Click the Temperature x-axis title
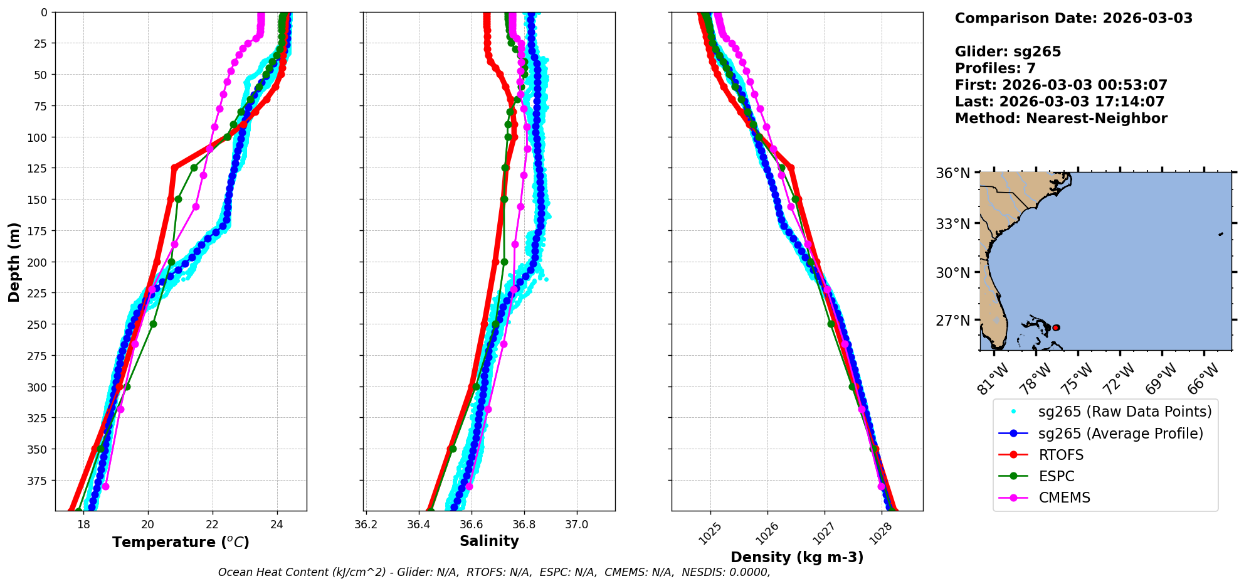click(x=181, y=542)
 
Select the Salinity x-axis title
click(x=489, y=541)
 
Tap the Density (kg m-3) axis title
click(x=797, y=557)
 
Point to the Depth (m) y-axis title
click(x=14, y=262)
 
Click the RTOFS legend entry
click(x=1061, y=455)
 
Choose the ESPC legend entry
click(x=1057, y=476)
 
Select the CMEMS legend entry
click(x=1064, y=498)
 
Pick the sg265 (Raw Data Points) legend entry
click(x=1124, y=412)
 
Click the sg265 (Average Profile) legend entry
click(x=1120, y=434)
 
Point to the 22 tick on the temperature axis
click(x=213, y=525)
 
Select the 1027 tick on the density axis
click(x=822, y=533)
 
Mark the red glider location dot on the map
click(x=1056, y=328)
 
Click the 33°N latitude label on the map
click(x=952, y=224)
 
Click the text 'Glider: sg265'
click(x=1008, y=51)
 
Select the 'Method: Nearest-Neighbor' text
click(x=1061, y=118)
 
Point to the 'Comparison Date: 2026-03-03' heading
click(x=1073, y=18)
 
